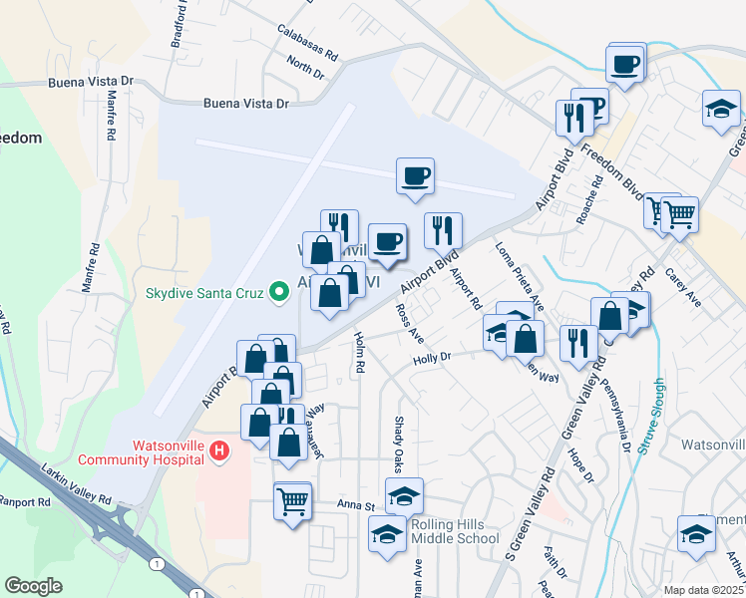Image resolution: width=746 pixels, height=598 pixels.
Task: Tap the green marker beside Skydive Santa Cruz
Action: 280,292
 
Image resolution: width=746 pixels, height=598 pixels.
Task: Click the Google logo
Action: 33,586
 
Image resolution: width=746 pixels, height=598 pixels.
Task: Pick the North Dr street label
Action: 305,67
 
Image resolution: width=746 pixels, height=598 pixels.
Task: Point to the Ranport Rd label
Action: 24,501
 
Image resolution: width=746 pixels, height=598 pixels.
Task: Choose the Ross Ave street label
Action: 408,324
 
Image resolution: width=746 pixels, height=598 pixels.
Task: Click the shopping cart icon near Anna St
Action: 292,500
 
